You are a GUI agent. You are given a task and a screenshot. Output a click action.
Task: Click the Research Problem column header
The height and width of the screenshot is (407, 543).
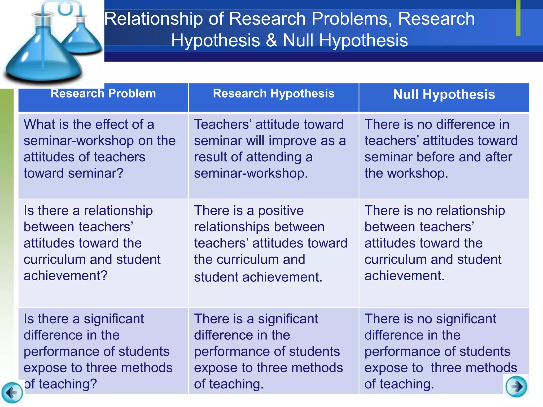click(103, 94)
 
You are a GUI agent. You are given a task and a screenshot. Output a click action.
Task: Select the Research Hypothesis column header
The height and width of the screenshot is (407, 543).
click(274, 94)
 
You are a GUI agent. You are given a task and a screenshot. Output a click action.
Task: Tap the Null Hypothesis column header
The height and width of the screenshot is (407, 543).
click(444, 95)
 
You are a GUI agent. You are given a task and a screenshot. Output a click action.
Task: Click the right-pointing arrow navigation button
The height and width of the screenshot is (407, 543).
click(516, 386)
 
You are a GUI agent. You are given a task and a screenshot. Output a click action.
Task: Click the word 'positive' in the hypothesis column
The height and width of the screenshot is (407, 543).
click(281, 211)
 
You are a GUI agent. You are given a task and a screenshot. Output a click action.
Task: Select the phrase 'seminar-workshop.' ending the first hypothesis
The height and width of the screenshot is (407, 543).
click(251, 174)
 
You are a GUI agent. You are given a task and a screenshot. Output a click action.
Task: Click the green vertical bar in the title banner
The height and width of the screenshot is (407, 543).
click(518, 18)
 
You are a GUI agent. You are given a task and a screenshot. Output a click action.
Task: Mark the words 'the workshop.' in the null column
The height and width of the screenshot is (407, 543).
click(406, 174)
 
